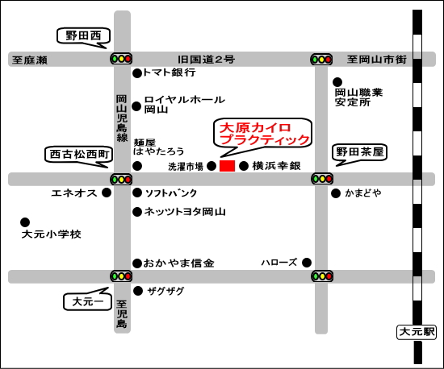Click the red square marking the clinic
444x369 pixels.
point(227,165)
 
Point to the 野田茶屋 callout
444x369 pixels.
point(358,151)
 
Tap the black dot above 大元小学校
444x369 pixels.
point(25,222)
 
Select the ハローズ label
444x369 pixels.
point(279,263)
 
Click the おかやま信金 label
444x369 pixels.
point(178,263)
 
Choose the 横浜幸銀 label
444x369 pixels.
point(276,166)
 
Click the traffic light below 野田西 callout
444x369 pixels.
point(121,58)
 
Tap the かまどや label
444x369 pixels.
point(363,193)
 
